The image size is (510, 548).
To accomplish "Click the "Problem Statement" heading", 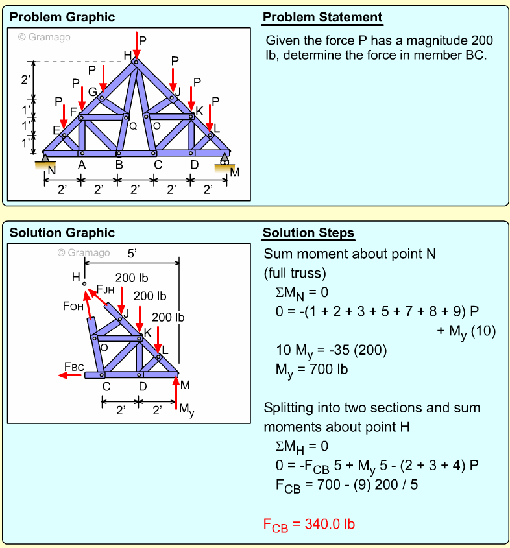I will point(322,17).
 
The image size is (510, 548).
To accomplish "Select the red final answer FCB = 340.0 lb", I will point(309,524).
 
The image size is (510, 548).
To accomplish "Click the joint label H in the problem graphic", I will point(128,55).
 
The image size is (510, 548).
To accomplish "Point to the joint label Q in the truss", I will point(133,126).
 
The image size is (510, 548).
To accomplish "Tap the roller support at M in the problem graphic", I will point(225,161).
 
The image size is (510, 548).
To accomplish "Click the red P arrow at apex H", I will point(137,45).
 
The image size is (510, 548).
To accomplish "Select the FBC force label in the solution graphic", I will point(74,367).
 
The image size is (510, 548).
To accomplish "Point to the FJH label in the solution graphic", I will point(105,289).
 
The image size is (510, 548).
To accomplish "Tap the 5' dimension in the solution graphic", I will point(132,255).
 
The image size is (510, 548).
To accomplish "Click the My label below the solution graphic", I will point(186,410).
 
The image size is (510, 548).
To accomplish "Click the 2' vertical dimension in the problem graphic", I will point(26,80).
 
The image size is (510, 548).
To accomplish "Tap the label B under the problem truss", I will point(119,165).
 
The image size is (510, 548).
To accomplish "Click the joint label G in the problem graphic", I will point(92,92).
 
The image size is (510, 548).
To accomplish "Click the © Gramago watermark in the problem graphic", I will point(44,37).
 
